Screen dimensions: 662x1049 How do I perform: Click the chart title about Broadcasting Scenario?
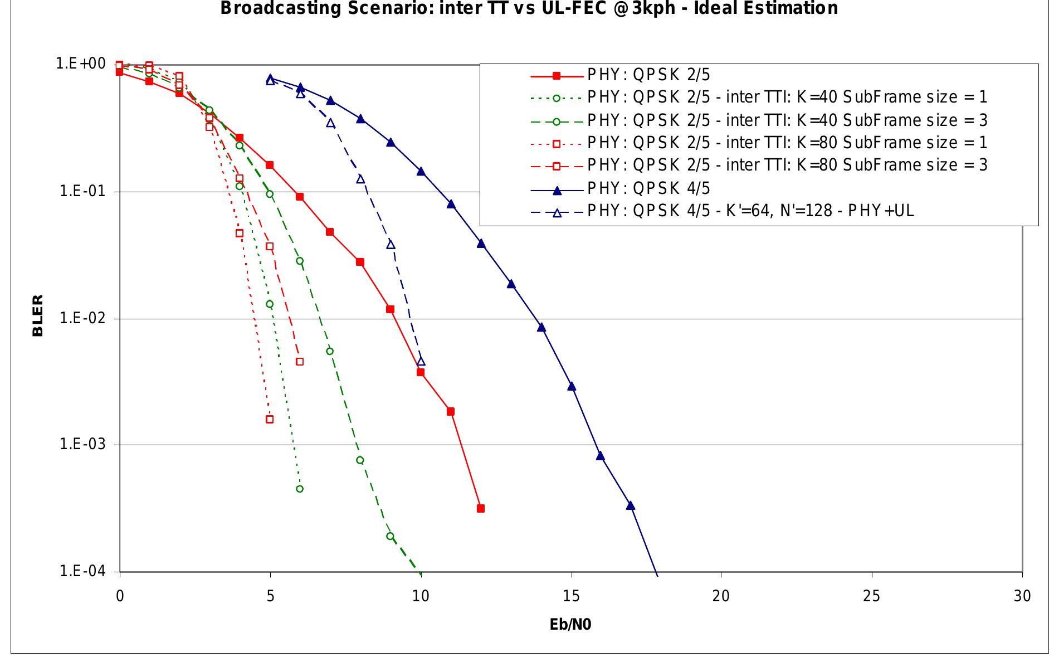529,8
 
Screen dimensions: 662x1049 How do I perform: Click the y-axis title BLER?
38,316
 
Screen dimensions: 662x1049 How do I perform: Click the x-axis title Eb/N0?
570,625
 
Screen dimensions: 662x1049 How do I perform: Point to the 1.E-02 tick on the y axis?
82,318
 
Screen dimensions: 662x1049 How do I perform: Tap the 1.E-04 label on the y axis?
82,572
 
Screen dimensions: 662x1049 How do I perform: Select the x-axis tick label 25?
871,596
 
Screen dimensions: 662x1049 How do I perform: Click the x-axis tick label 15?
571,596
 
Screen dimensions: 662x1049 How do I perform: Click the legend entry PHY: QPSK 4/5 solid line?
648,188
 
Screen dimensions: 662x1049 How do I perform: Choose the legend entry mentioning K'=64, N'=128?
750,211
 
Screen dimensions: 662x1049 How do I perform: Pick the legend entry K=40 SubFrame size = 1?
787,98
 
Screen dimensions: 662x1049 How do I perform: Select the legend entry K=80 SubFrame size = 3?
787,165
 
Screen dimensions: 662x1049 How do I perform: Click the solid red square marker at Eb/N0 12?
481,508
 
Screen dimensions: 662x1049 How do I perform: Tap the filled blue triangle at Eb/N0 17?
631,505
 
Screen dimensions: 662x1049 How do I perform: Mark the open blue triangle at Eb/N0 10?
421,361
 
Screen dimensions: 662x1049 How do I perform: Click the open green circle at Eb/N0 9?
390,536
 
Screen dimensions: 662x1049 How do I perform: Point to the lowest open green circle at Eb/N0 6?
300,489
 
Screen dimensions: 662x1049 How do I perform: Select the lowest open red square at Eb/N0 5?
270,419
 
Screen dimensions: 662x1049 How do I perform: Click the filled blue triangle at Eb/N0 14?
541,327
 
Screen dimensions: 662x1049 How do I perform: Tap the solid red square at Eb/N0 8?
360,262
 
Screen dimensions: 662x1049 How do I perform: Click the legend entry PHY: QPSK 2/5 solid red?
648,75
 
